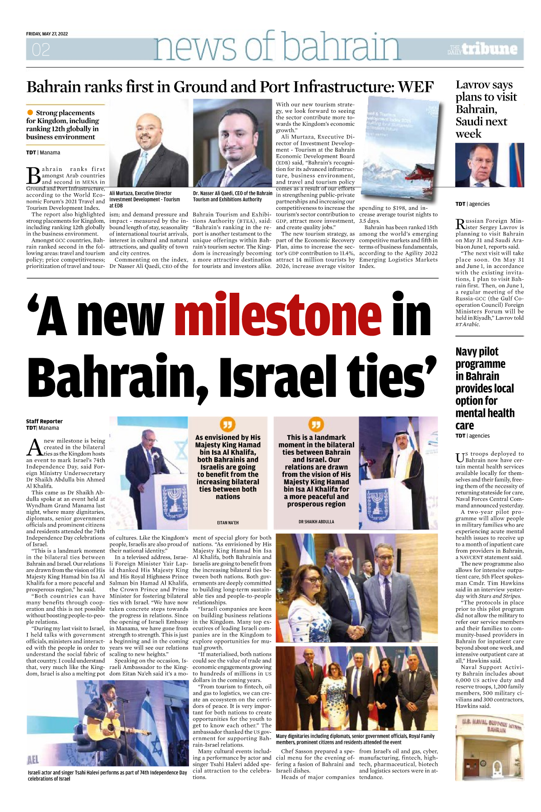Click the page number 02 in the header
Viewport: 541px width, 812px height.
(41, 50)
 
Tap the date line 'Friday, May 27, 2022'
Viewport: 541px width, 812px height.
(47, 34)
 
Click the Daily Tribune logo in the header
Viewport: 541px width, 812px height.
(482, 49)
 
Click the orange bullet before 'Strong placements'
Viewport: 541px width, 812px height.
(30, 112)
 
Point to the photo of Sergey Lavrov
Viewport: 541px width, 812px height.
(490, 165)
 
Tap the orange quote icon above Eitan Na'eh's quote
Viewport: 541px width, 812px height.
(227, 424)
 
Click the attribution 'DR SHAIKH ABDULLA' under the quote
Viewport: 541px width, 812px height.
(316, 521)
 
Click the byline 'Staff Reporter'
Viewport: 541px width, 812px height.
(44, 421)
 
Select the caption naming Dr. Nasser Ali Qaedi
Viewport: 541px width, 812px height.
(232, 196)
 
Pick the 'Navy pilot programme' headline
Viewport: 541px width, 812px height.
(485, 388)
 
